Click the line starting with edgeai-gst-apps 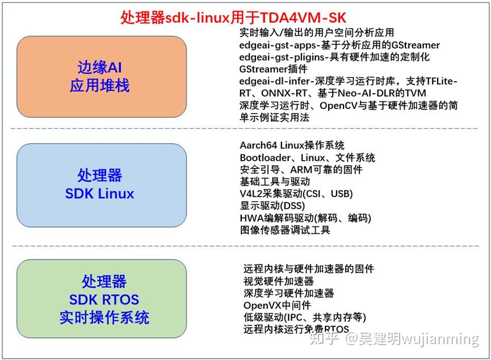(339, 45)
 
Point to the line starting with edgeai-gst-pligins (334, 57)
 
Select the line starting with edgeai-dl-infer (348, 81)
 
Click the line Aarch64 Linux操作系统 (292, 145)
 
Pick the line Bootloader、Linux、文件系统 (307, 157)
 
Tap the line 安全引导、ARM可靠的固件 (301, 169)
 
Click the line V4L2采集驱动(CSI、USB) (296, 194)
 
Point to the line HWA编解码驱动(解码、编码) (305, 217)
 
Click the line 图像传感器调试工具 (284, 230)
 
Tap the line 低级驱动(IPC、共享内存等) (304, 317)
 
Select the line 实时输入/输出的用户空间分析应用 (316, 32)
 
